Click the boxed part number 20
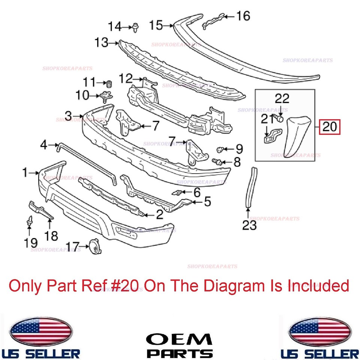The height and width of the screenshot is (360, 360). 330,127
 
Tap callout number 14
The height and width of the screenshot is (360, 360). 115,27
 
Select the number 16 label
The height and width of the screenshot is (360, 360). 243,16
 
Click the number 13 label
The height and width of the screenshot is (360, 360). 102,43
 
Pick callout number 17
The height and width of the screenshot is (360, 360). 73,246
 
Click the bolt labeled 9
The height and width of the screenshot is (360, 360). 220,150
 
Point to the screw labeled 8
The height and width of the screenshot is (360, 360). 217,162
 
